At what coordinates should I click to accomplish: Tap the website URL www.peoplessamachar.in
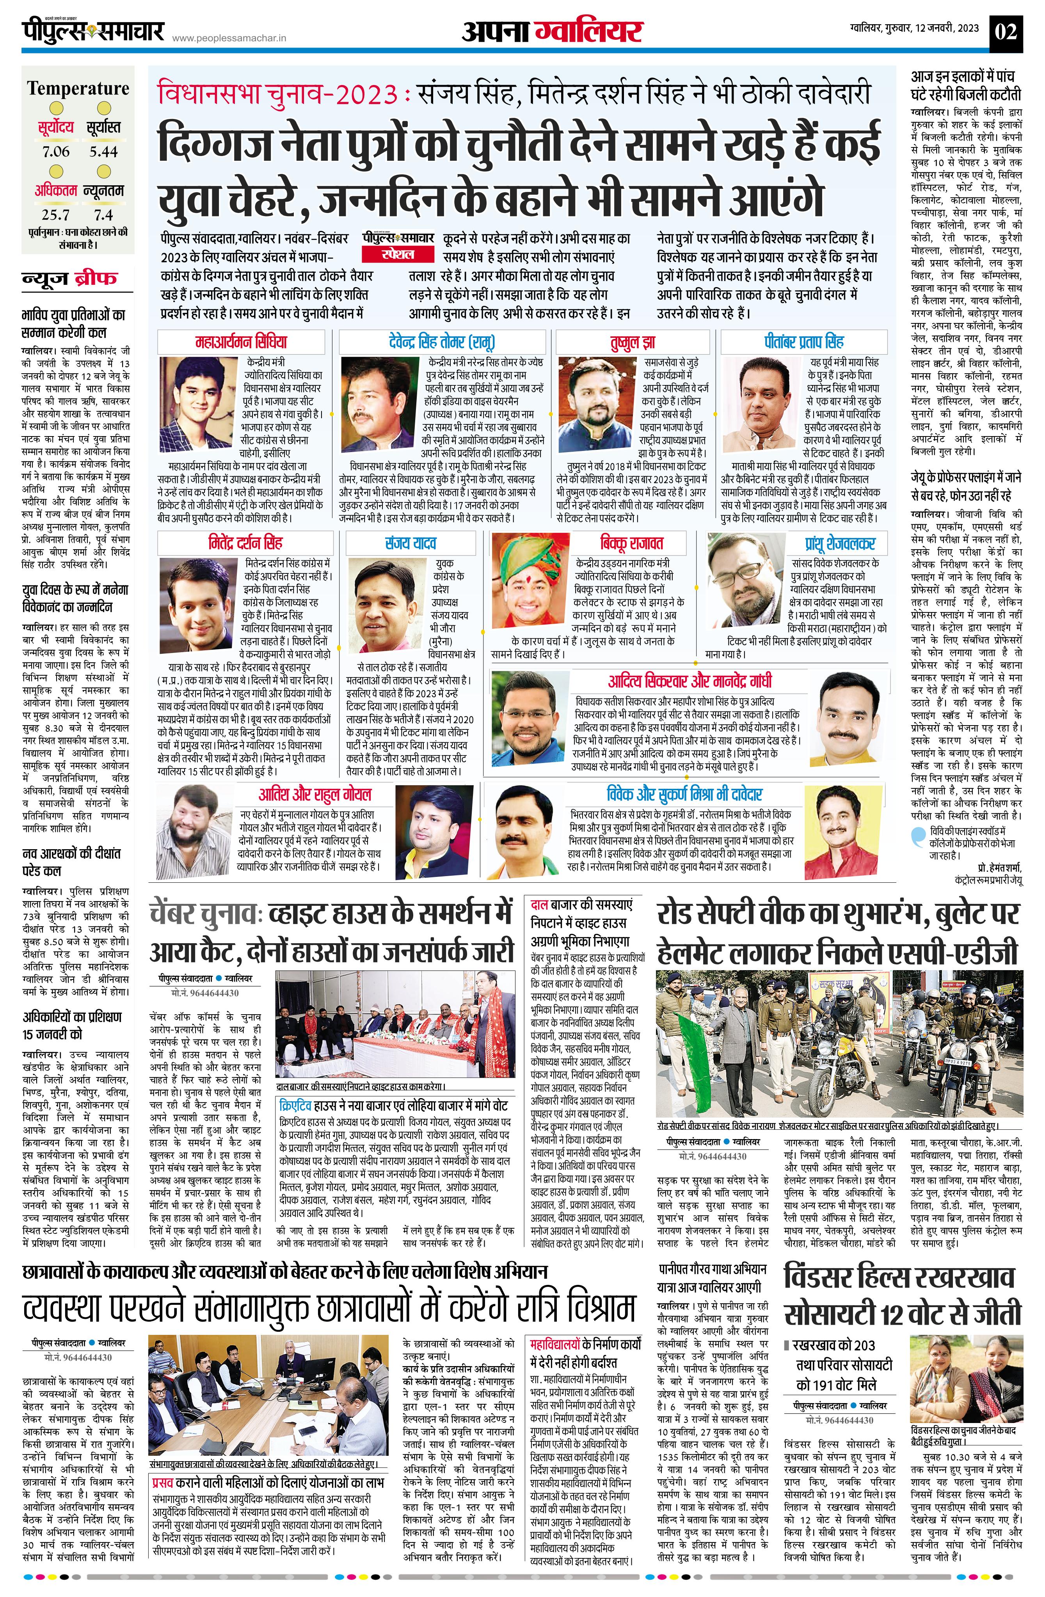[229, 39]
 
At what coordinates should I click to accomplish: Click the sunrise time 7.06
[56, 152]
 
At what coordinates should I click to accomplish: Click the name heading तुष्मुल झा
[632, 342]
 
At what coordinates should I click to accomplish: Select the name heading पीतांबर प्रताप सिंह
[803, 342]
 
